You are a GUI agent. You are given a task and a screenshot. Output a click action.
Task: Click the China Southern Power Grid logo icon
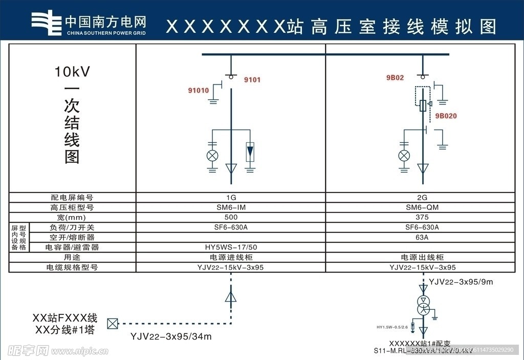coord(46,22)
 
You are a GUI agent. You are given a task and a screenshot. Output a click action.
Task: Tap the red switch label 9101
coord(252,80)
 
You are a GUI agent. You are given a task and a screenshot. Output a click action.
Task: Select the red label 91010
coord(199,91)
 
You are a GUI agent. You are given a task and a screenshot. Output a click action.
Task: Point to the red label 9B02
coord(395,78)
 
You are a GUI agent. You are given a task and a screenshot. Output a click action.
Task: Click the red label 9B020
coord(446,116)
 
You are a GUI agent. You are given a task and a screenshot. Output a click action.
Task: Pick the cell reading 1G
coord(231,197)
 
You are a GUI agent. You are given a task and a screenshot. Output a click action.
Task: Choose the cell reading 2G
coord(423,197)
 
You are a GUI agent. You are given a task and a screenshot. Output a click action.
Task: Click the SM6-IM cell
coord(231,207)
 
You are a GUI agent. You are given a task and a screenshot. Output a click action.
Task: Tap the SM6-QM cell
coord(423,207)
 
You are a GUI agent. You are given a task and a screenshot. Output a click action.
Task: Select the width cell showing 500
coord(231,217)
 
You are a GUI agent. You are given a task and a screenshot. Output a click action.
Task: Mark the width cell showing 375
coord(423,217)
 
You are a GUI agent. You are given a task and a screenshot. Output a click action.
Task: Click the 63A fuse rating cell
coord(423,237)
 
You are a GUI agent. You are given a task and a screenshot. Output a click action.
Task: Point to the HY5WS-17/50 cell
coord(231,247)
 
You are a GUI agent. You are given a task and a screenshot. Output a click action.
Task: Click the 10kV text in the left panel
coord(72,72)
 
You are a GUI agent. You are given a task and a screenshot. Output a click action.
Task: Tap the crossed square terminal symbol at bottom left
coord(112,324)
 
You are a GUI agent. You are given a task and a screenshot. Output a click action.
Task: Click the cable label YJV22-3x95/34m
coord(171,336)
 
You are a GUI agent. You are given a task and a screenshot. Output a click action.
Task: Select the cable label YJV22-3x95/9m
coord(461,282)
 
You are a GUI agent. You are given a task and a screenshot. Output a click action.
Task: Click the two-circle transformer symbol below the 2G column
coord(423,304)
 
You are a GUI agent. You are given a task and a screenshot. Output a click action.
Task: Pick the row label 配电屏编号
coord(72,197)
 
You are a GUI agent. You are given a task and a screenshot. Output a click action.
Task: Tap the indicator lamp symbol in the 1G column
coord(212,155)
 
